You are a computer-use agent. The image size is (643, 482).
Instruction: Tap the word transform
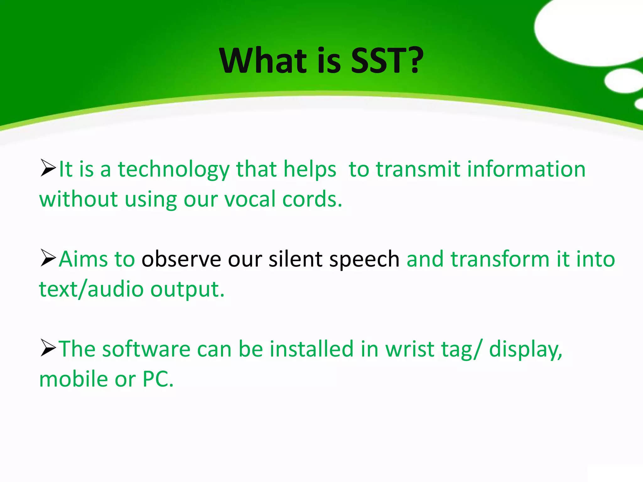point(500,259)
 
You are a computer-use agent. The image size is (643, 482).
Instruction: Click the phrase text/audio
point(91,290)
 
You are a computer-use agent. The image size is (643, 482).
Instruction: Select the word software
point(146,349)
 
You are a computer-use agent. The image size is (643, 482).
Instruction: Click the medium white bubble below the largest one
point(623,81)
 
